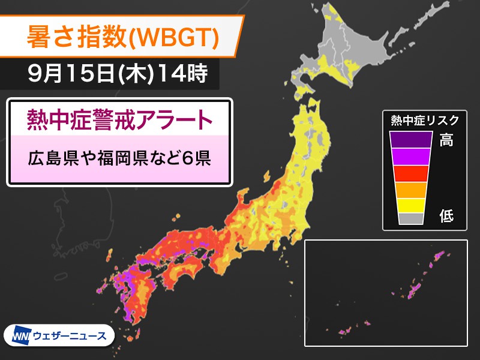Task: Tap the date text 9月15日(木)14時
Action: [x=118, y=74]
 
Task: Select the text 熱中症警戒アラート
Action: [x=120, y=118]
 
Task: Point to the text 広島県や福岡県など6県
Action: [x=120, y=159]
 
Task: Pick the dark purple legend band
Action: [x=411, y=139]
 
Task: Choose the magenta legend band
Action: [x=411, y=156]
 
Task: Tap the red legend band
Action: [x=411, y=173]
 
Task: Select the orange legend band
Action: [x=411, y=189]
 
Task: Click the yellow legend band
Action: [x=411, y=205]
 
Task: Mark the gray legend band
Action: [x=411, y=218]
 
